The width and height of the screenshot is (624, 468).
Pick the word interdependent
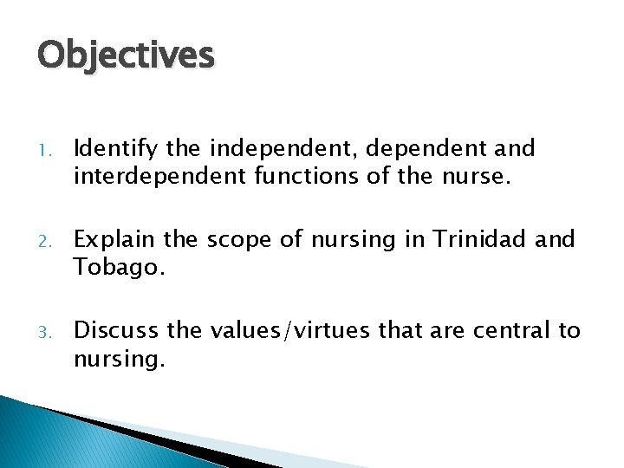pyautogui.click(x=153, y=178)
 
